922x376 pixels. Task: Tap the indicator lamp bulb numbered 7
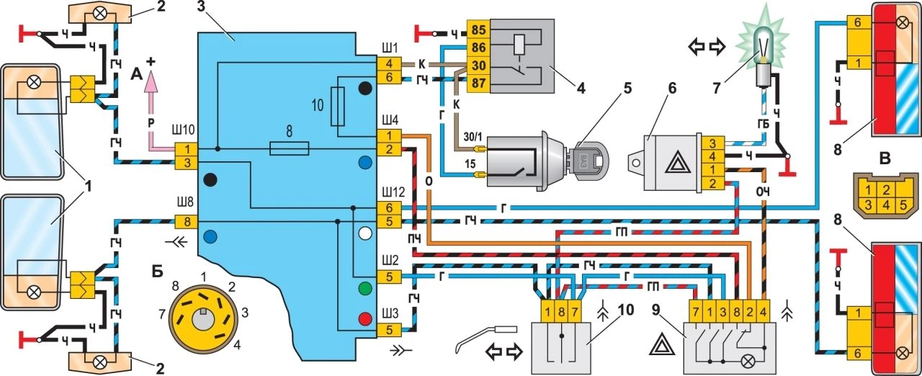760,50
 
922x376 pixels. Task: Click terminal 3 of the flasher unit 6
712,145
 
